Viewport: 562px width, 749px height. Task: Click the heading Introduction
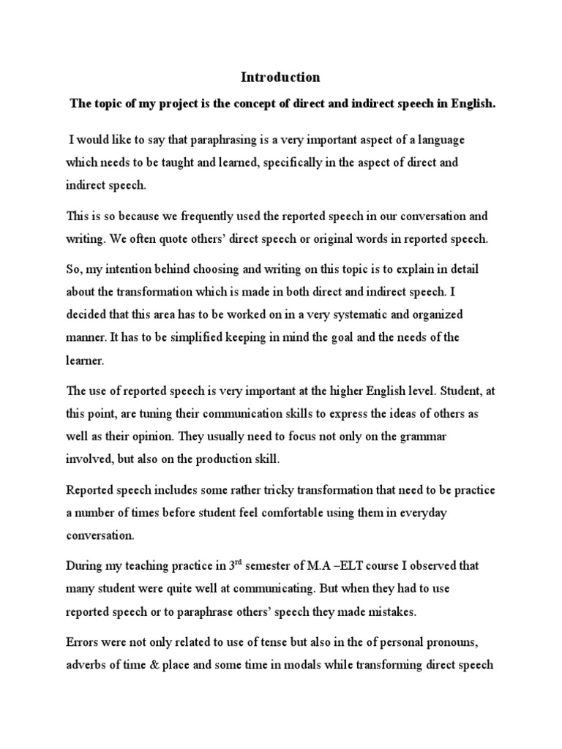pyautogui.click(x=281, y=77)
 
